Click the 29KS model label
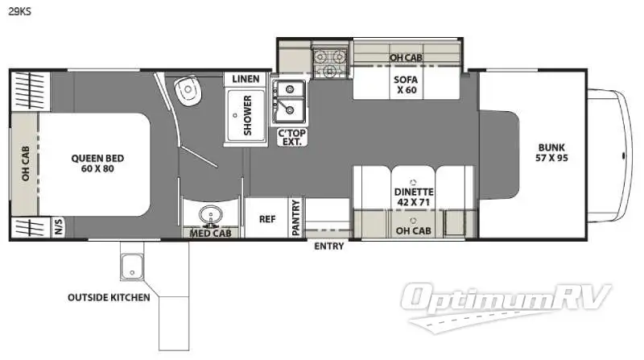pyautogui.click(x=19, y=11)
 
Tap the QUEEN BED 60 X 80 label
pyautogui.click(x=97, y=163)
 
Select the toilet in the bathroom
pyautogui.click(x=188, y=90)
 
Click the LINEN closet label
pyautogui.click(x=246, y=78)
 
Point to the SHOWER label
pyautogui.click(x=247, y=115)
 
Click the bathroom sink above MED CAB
pyautogui.click(x=211, y=215)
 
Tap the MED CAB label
pyautogui.click(x=210, y=233)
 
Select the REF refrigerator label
pyautogui.click(x=267, y=219)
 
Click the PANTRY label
pyautogui.click(x=295, y=217)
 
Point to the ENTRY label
pyautogui.click(x=328, y=246)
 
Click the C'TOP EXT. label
pyautogui.click(x=292, y=137)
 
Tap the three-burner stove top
pyautogui.click(x=329, y=63)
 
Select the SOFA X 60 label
pyautogui.click(x=406, y=85)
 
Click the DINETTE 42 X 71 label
pyautogui.click(x=413, y=197)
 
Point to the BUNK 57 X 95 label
pyautogui.click(x=551, y=152)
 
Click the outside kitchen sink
pyautogui.click(x=132, y=266)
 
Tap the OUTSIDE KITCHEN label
pyautogui.click(x=109, y=297)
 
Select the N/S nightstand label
pyautogui.click(x=58, y=227)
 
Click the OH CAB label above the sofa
pyautogui.click(x=406, y=57)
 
